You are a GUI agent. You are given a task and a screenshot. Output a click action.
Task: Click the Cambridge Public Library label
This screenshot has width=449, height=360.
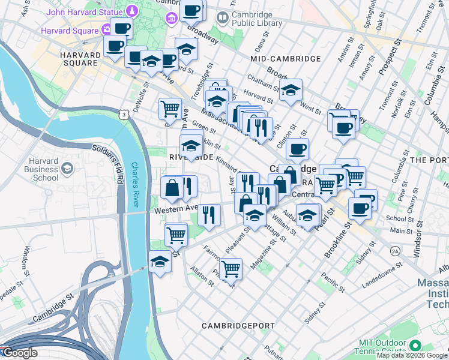[x=256, y=19]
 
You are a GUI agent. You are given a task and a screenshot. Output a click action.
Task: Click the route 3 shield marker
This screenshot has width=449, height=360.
[x=123, y=114]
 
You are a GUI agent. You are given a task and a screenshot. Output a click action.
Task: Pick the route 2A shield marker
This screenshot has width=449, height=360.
[x=394, y=250]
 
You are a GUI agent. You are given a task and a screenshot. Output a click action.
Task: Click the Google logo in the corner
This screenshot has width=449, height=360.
[x=19, y=353]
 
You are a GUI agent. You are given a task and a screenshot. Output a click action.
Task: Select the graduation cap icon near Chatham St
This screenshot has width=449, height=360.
[x=291, y=90]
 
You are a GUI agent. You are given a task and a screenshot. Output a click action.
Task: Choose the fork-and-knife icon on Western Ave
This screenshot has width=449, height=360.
[x=209, y=214]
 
